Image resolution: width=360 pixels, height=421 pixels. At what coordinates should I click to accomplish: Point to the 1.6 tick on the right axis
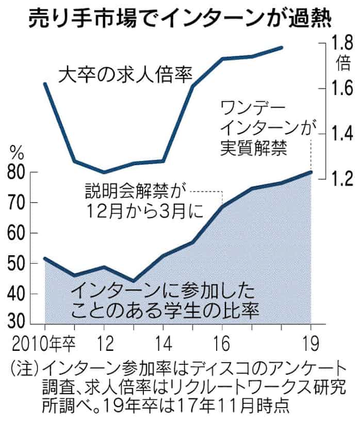click(x=342, y=89)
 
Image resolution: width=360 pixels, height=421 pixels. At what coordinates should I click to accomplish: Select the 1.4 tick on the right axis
click(x=342, y=134)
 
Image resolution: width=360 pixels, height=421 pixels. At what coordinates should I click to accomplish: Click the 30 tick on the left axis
click(x=17, y=324)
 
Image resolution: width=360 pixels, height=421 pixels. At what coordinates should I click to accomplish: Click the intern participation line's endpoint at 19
click(x=311, y=172)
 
